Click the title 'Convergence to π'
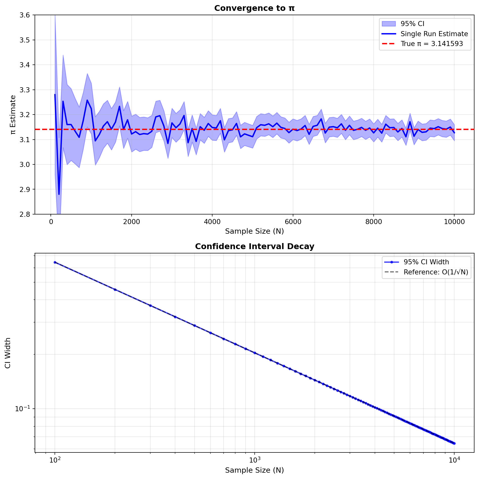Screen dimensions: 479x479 (254, 8)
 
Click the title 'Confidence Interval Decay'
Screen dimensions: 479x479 (254, 246)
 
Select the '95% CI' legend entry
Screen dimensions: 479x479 (412, 24)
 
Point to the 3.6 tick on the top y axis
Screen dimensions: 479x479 (25, 15)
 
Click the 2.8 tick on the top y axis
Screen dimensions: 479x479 (25, 214)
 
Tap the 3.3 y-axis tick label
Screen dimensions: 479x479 (25, 90)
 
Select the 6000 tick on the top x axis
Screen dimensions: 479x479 (293, 222)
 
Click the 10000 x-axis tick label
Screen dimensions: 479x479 (454, 222)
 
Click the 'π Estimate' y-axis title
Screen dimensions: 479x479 (13, 115)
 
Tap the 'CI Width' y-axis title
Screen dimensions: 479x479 (8, 353)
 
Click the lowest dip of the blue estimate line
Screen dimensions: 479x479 (59, 194)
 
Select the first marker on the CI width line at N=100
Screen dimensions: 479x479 (55, 263)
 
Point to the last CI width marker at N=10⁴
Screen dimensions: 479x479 (454, 443)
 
